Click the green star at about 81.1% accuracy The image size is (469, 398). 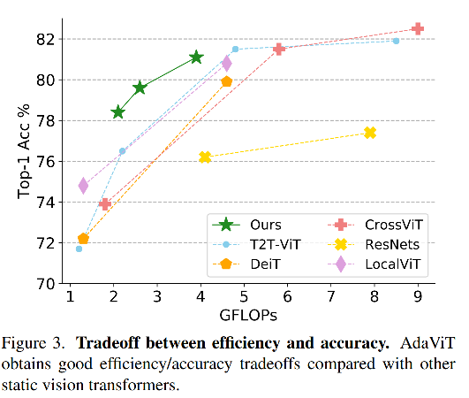coord(196,57)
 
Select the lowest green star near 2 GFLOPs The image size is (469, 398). coord(117,112)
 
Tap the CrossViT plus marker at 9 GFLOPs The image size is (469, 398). coord(418,29)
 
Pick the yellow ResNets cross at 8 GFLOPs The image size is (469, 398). coord(370,133)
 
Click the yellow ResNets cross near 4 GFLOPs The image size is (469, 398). coord(205,157)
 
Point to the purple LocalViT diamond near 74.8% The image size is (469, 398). coord(84,186)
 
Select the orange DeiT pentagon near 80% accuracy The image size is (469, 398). coord(226,81)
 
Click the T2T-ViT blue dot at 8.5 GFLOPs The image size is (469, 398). coord(396,41)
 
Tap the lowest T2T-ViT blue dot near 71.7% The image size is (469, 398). coord(79,249)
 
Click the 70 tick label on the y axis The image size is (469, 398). coord(46,284)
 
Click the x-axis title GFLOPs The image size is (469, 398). coord(244,317)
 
